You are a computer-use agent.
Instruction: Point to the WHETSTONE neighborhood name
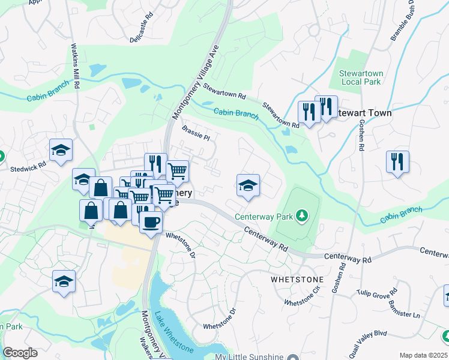(x=297, y=280)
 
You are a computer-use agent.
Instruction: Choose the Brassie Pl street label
(x=196, y=133)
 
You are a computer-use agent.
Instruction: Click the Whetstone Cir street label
(x=303, y=298)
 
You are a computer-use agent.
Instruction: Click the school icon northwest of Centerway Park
(x=248, y=185)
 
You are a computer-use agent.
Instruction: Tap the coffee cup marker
(x=151, y=221)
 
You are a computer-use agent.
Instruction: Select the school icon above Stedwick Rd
(x=61, y=151)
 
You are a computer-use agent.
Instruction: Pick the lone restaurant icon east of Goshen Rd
(x=397, y=162)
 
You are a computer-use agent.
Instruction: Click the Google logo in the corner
(x=20, y=353)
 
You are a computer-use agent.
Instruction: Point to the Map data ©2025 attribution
(x=423, y=355)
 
